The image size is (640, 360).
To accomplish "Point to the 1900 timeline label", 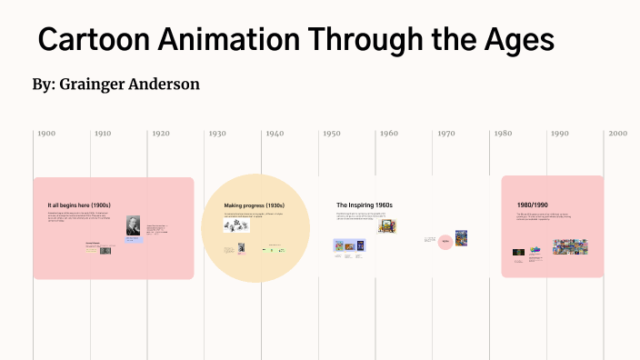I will [x=46, y=134].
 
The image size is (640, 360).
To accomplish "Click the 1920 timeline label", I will [x=160, y=134].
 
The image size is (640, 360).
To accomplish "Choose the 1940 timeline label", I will [x=275, y=134].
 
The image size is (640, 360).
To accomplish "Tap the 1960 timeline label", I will [x=388, y=134].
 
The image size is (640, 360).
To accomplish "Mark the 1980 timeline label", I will [x=503, y=134].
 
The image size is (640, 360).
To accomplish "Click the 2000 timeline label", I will [x=617, y=134].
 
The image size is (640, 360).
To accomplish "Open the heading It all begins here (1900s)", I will [x=79, y=205].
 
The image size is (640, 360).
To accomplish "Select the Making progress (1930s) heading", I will [x=255, y=205].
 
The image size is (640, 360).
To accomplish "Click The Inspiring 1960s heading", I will [x=364, y=205].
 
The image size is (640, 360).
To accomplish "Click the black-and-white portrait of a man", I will [x=134, y=226].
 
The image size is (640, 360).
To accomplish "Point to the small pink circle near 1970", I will [x=445, y=241].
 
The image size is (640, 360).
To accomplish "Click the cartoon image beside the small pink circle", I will [x=462, y=238].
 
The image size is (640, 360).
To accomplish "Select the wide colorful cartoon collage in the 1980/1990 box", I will [x=570, y=246].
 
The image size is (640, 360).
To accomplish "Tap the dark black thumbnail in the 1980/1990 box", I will [x=518, y=252].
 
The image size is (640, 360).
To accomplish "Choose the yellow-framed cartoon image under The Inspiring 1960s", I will [x=387, y=226].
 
